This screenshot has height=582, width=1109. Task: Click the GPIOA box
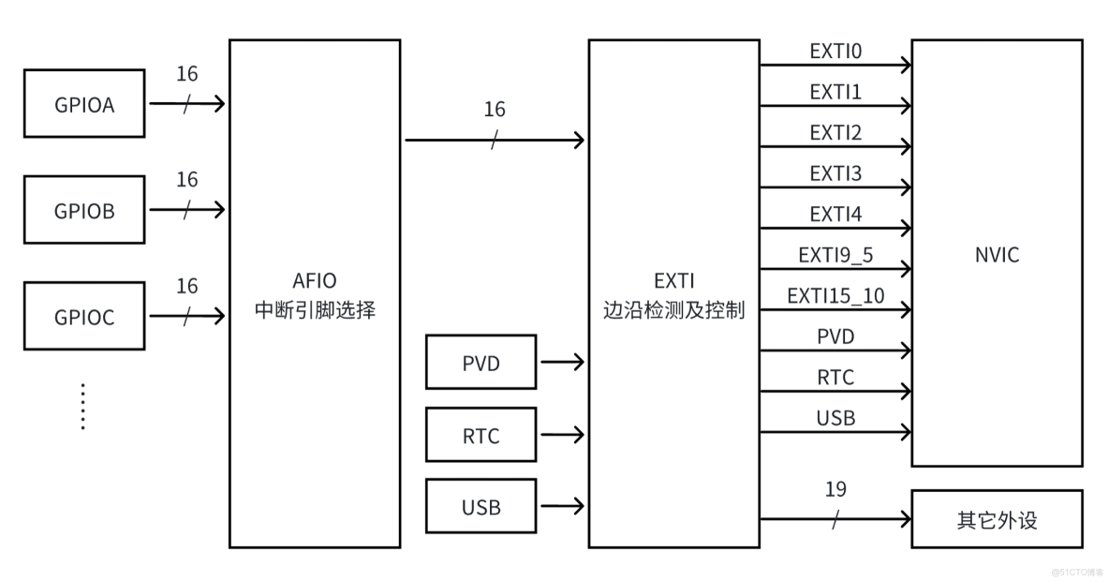point(84,104)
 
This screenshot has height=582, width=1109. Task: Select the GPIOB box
point(84,210)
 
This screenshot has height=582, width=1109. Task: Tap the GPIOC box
point(84,317)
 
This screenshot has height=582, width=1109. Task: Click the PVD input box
point(481,362)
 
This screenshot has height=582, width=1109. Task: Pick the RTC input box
point(481,435)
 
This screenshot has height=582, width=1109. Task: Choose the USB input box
point(481,507)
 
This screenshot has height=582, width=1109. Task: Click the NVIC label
point(997,255)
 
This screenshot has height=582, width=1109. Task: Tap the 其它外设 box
point(997,519)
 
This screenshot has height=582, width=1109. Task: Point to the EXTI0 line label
point(835,52)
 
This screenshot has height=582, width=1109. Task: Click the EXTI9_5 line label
point(835,255)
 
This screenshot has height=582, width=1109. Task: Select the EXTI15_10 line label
point(835,296)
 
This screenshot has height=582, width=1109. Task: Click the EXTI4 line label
point(835,215)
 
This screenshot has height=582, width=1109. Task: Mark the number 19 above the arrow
point(835,489)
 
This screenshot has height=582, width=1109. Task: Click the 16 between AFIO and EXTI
point(495,110)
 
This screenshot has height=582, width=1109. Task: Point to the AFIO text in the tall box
point(315,280)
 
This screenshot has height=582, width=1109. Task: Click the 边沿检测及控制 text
point(673,309)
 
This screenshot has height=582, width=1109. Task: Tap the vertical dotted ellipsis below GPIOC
point(82,406)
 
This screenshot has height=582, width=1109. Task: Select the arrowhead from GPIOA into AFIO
point(218,104)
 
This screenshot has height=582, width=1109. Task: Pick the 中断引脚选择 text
point(315,310)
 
